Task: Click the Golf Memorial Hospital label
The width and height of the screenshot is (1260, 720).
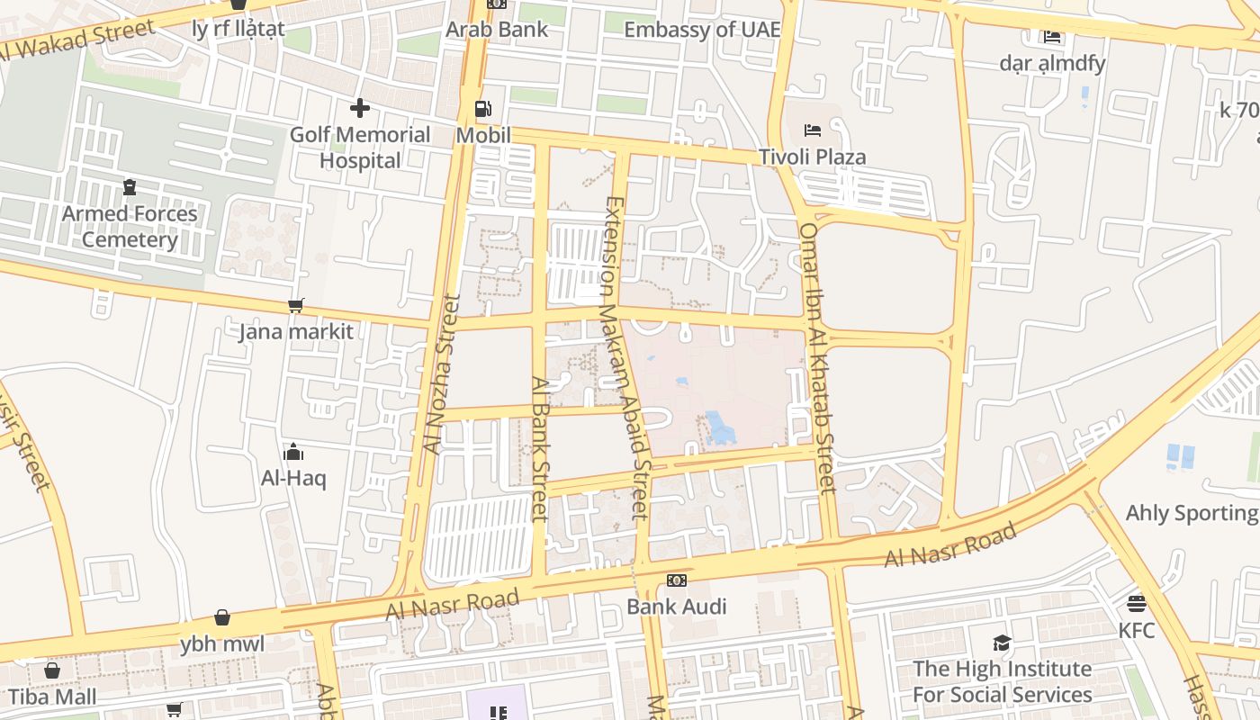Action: (x=359, y=148)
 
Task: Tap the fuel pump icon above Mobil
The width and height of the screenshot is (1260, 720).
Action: (x=483, y=109)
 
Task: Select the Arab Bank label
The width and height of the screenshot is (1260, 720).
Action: (x=497, y=29)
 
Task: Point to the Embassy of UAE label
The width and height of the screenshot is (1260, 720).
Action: (x=702, y=29)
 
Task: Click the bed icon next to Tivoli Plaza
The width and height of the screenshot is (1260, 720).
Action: (x=813, y=130)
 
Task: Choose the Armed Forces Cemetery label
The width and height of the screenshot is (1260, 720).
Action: (x=130, y=227)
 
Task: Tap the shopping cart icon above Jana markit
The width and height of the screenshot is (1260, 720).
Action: (x=295, y=306)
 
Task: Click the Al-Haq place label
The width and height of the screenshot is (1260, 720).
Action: (x=293, y=478)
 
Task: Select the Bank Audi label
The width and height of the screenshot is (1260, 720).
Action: (x=676, y=607)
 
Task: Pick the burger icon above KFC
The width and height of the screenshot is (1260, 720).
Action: (x=1137, y=603)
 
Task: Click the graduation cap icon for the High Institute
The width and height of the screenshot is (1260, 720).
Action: (x=1002, y=643)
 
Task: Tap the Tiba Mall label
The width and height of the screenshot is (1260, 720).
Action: (x=52, y=697)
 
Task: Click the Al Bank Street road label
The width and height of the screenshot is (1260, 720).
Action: (x=540, y=448)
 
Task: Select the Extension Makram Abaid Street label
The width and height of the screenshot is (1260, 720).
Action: (x=626, y=357)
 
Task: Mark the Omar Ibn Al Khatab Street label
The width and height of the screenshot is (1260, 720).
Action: (x=818, y=357)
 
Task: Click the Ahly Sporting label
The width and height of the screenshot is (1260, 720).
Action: (x=1191, y=513)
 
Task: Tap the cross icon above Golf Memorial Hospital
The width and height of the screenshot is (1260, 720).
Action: (x=360, y=109)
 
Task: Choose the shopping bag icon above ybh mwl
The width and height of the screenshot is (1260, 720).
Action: (x=222, y=617)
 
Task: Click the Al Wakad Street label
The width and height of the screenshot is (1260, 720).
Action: (x=77, y=40)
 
